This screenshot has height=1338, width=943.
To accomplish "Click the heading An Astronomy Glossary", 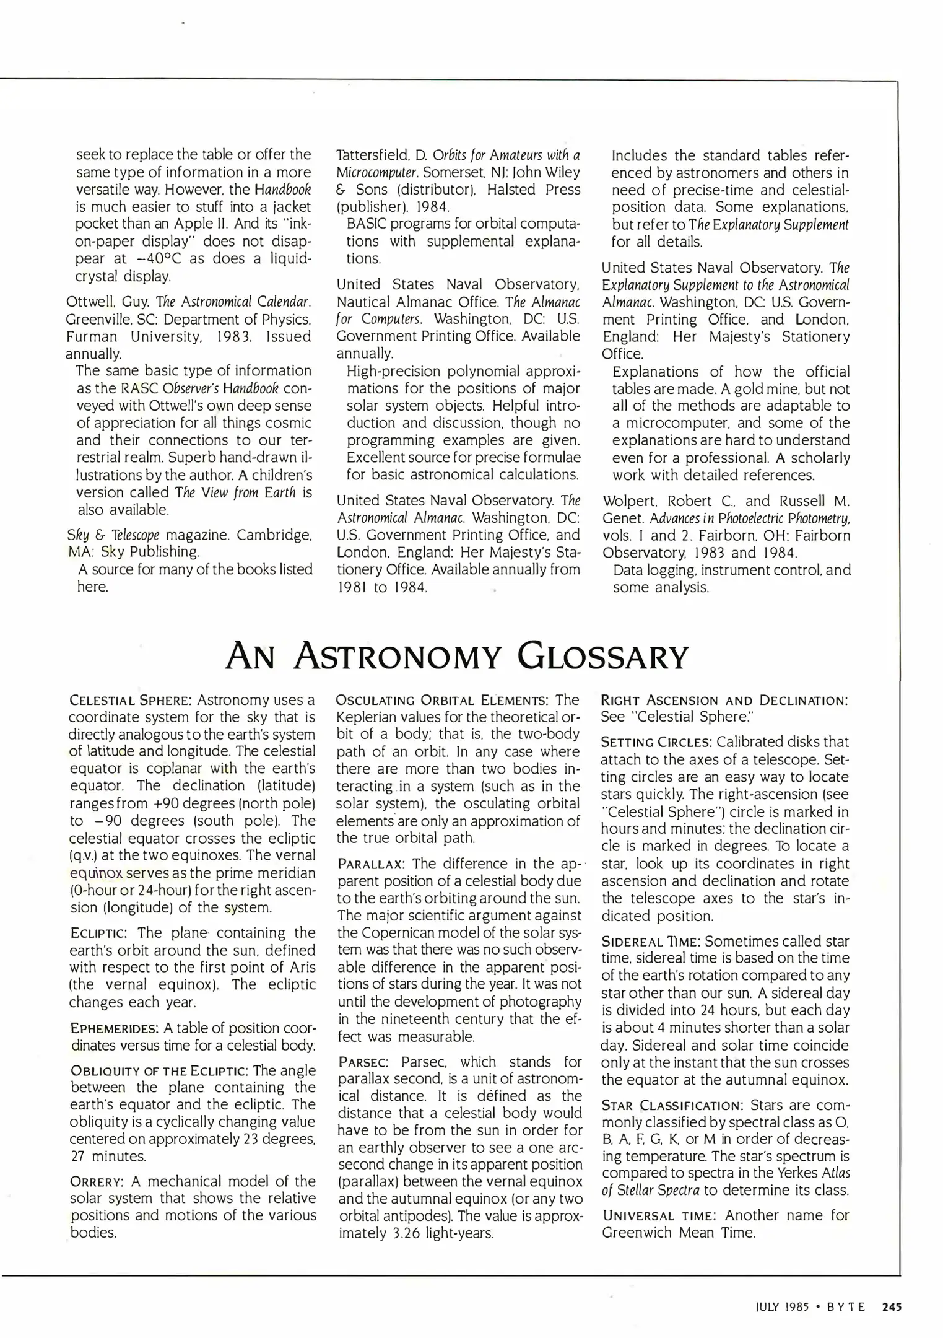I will (x=456, y=657).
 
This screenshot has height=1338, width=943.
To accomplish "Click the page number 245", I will (x=892, y=1308).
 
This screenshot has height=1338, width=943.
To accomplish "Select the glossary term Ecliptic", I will (x=99, y=934).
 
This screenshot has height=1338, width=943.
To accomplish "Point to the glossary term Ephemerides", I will (x=115, y=1029).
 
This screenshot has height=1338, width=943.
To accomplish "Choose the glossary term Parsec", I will (x=363, y=1062).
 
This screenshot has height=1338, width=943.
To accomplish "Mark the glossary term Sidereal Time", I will (x=651, y=942).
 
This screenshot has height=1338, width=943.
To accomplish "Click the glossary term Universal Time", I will (x=659, y=1215).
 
